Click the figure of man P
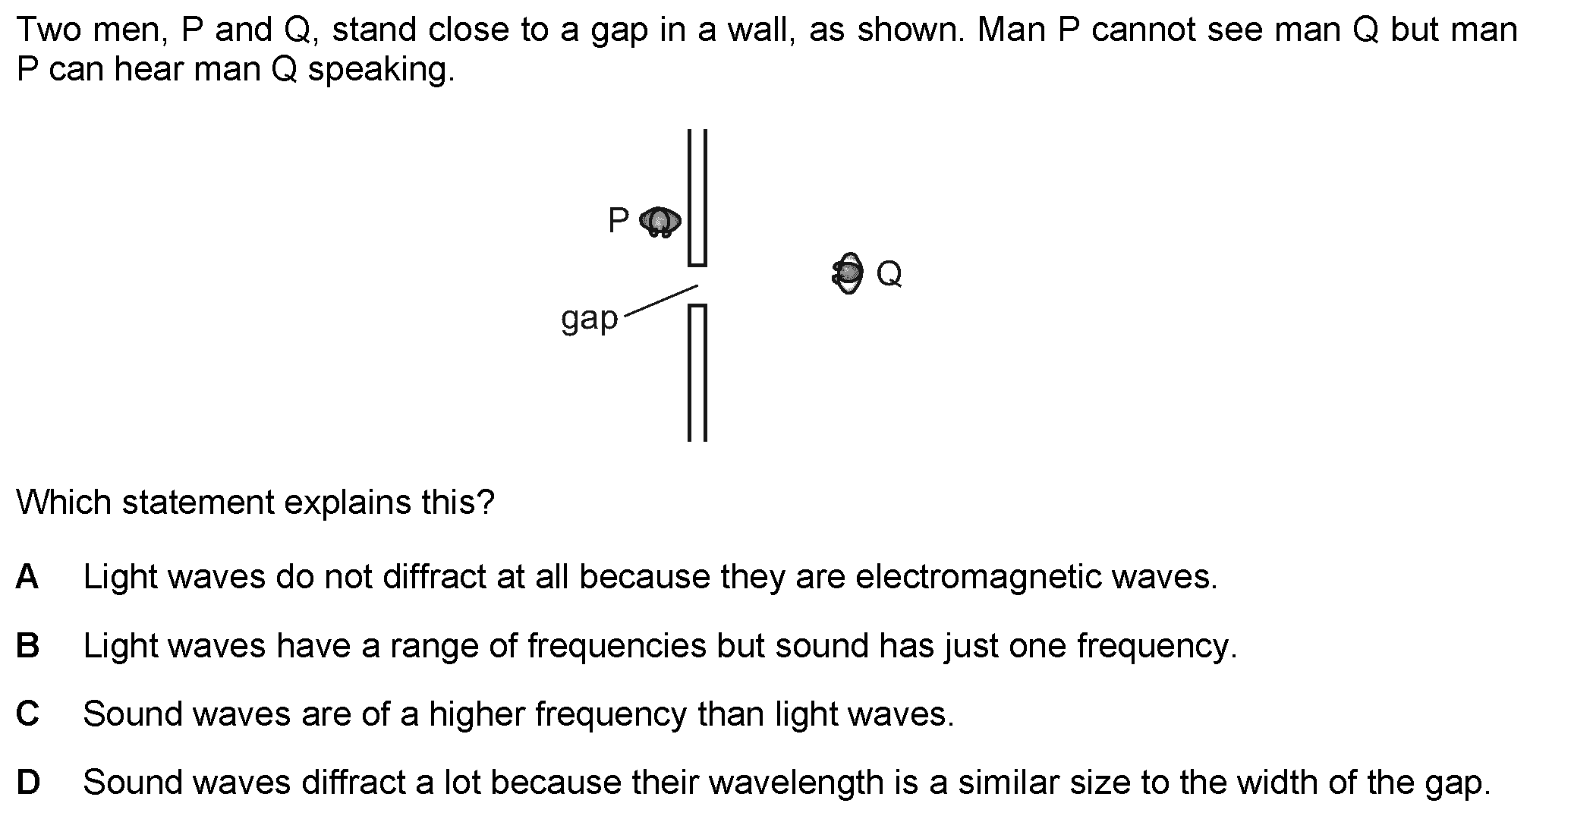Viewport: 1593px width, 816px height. pos(660,222)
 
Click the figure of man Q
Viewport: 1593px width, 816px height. pos(848,273)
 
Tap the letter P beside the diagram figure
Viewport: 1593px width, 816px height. pos(619,221)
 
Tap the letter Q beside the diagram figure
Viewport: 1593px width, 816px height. pos(889,273)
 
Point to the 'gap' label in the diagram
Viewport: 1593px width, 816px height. pos(589,320)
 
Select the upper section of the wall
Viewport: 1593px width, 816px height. pos(697,197)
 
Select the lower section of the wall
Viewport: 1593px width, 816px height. pos(697,372)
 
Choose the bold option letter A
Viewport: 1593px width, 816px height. pos(27,577)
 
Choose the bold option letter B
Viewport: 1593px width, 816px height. pos(27,646)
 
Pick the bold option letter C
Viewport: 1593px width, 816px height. pos(27,714)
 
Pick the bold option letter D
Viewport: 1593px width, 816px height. pos(27,783)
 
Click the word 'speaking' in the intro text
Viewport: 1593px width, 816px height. pos(380,70)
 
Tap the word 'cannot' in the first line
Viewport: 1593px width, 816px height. pos(1148,30)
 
